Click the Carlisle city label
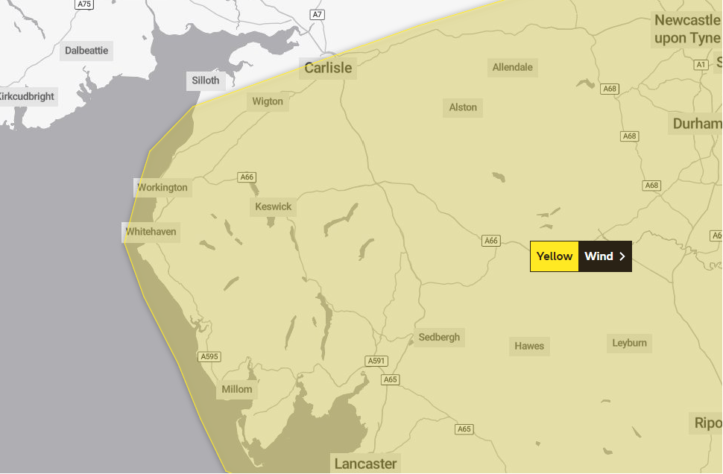point(328,69)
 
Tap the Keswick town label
point(274,206)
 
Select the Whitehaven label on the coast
point(151,232)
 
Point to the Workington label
point(162,187)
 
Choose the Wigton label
point(268,101)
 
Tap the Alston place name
point(463,107)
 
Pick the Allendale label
point(513,67)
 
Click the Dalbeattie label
point(86,51)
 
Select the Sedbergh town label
point(439,337)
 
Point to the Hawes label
point(529,346)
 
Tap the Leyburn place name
point(630,343)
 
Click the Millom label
point(237,389)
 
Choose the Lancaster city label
point(365,464)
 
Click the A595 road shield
point(209,357)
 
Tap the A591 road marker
point(376,361)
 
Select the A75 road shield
point(84,4)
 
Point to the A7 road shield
point(318,15)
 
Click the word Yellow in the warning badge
point(555,256)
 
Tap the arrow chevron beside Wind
point(622,256)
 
